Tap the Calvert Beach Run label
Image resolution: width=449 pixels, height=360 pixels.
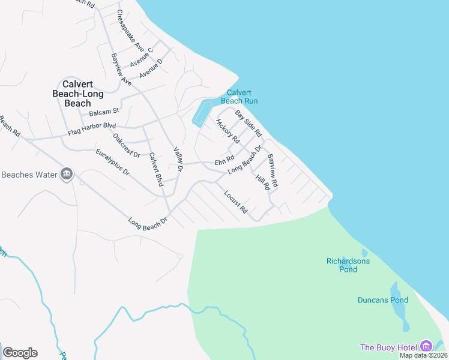243,97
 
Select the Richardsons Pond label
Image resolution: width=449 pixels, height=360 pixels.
348,265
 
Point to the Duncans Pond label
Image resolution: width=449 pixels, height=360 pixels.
383,300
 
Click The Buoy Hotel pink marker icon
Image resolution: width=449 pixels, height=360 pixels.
426,346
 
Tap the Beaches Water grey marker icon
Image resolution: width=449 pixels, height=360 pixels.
66,175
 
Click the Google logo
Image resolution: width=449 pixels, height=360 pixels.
20,353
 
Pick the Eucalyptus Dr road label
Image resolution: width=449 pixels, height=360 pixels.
112,162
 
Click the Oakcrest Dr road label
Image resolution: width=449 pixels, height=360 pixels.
126,145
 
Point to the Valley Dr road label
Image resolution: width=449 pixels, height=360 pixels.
178,160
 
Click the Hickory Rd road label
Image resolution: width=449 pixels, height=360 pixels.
228,131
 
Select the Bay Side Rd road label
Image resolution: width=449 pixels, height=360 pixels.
249,122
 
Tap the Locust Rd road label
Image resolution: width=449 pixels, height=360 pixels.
235,202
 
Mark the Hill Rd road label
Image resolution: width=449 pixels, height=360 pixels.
262,183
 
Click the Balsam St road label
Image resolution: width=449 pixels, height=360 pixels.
104,112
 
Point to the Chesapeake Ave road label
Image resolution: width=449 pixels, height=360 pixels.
130,31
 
